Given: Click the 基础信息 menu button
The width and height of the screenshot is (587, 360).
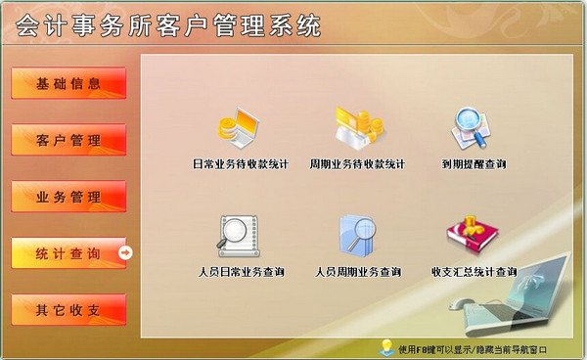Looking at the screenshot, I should [x=68, y=83].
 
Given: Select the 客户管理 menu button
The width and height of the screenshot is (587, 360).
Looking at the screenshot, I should [x=68, y=140].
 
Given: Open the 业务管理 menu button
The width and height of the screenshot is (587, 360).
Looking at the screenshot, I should [x=68, y=197].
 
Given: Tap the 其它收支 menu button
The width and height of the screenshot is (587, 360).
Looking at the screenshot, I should [x=68, y=310].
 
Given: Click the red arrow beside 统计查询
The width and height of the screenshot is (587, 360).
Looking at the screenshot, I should [x=125, y=253].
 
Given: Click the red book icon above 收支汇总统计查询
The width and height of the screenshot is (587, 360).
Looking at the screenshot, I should [x=467, y=235].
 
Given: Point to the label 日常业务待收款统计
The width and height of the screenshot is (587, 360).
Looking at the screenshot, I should [x=240, y=164].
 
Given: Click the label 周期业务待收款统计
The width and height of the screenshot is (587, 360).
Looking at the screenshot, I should [x=357, y=164].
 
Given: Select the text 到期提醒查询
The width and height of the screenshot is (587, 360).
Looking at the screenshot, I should [x=474, y=164].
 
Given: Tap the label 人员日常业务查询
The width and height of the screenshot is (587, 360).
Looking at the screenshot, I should [x=240, y=272].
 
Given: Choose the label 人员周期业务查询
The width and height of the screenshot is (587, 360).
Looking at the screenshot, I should [x=357, y=272].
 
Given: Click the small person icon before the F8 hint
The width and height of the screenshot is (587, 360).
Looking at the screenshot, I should [x=387, y=347].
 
